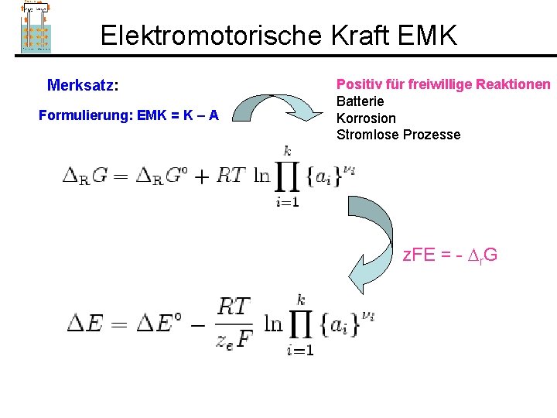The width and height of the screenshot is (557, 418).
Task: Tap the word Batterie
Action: (360, 101)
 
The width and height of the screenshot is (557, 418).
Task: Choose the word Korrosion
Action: (366, 118)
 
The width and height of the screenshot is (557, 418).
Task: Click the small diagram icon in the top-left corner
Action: (36, 26)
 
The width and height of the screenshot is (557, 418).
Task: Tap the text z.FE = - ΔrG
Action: (449, 253)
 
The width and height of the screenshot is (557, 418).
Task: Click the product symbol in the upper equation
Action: (287, 177)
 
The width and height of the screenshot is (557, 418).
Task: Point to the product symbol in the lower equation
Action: (300, 324)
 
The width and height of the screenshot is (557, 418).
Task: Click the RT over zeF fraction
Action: (234, 324)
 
